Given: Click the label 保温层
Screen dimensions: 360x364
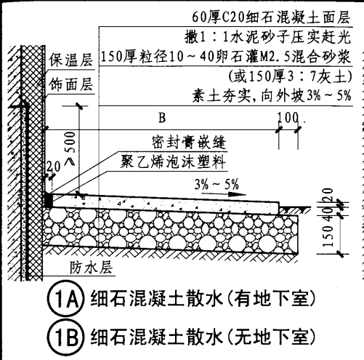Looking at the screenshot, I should (x=71, y=63).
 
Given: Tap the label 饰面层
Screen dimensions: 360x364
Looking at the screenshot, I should (x=71, y=85).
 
